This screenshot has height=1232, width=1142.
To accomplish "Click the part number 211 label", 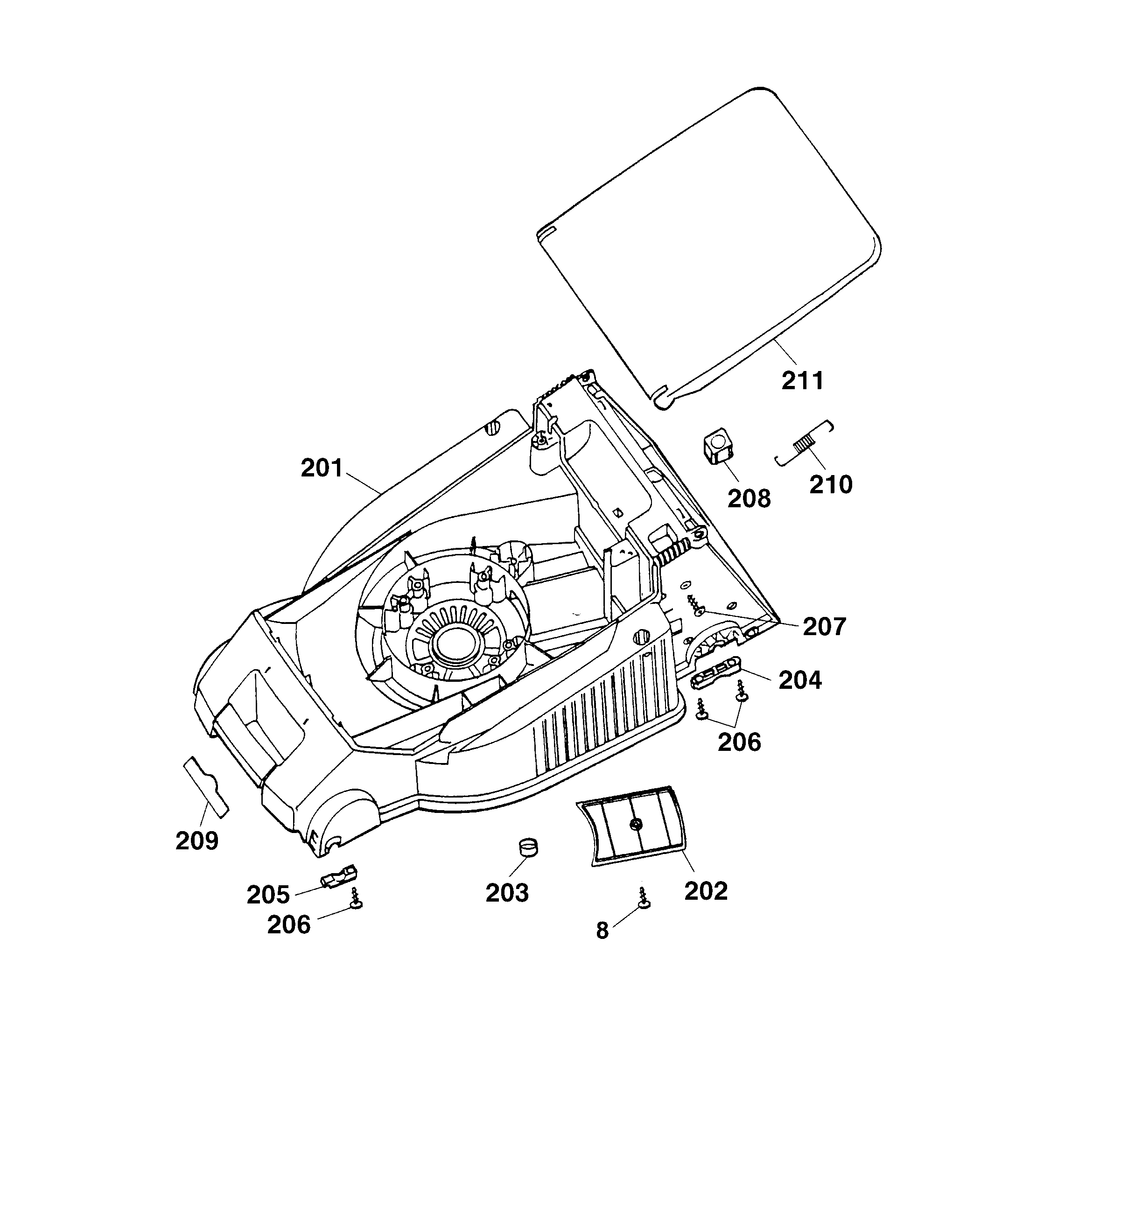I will point(802,381).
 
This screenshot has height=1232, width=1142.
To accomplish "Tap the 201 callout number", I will point(322,469).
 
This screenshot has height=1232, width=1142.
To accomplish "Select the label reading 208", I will point(749,498).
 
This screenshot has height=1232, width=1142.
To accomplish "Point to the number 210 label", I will point(831,484).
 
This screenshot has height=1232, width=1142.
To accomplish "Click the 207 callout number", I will point(824,627).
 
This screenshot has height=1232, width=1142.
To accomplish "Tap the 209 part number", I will point(196,840).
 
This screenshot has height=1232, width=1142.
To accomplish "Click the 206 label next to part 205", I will point(288,924).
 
